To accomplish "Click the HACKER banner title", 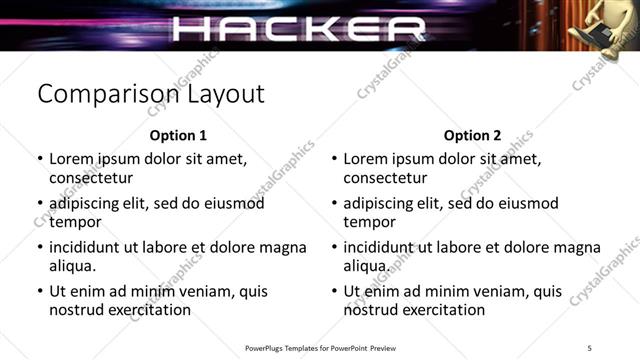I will pos(299,28).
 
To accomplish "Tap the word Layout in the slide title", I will pos(226,95).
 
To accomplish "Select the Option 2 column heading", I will pos(473,136).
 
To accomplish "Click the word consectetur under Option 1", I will pos(91,178).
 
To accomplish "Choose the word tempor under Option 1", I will pos(76,222).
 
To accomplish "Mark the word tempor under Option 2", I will pos(370,222).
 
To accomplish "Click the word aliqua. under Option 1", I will pos(73,266).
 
